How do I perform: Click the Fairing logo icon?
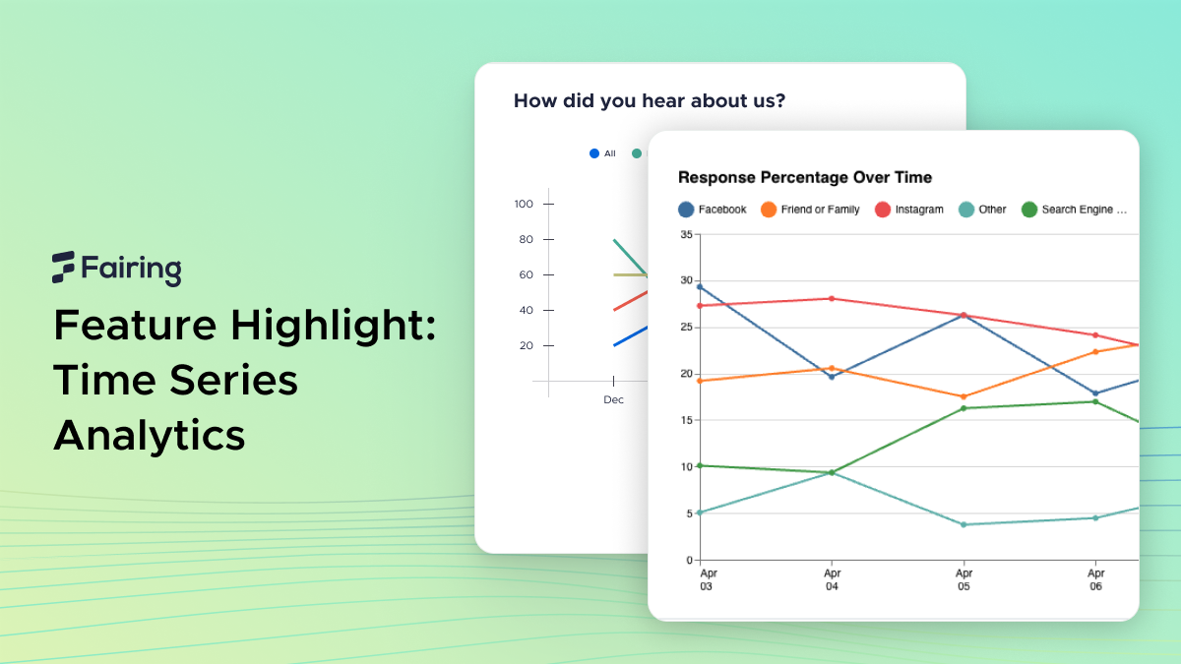[64, 267]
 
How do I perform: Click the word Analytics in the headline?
[150, 435]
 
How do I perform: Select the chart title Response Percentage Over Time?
[805, 177]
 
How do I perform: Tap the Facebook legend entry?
[713, 210]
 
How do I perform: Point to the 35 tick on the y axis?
[685, 234]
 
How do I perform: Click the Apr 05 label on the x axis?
[963, 579]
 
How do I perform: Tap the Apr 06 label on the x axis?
[1094, 579]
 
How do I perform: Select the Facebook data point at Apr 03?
[700, 286]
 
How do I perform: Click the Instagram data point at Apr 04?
[832, 298]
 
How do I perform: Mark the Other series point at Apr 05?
[963, 524]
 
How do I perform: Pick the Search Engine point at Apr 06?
[1094, 401]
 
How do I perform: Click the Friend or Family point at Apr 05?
[963, 396]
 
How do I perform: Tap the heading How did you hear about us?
[650, 100]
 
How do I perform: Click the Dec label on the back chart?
[613, 399]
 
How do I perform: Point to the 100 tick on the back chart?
[524, 204]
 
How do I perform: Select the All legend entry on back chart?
[602, 153]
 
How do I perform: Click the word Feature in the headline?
[138, 324]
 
